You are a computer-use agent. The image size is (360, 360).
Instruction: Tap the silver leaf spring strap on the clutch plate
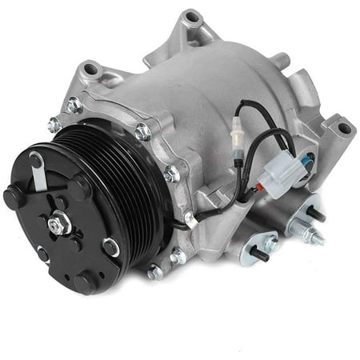pos(39,172)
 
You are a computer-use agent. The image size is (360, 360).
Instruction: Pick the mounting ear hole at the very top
pos(190,18)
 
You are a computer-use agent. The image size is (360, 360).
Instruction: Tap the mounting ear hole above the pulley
pos(90,70)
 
